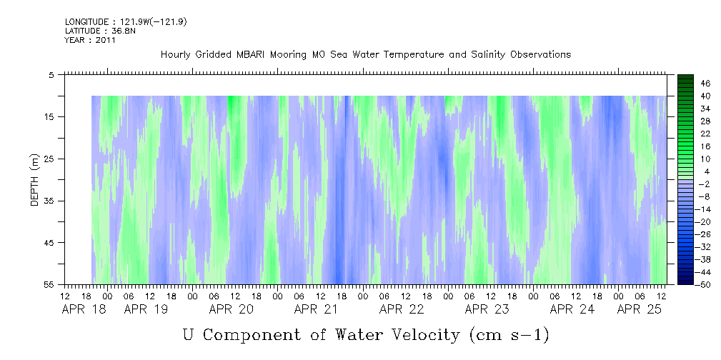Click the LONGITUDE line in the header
(126, 22)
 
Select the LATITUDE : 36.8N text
(100, 31)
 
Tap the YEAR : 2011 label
(89, 39)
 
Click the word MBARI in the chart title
(250, 55)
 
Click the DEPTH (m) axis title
(35, 180)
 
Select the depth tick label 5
(50, 75)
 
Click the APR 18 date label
(84, 309)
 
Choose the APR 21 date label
(316, 309)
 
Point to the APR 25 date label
(639, 309)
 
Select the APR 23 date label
(487, 309)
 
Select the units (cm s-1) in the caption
(509, 335)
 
